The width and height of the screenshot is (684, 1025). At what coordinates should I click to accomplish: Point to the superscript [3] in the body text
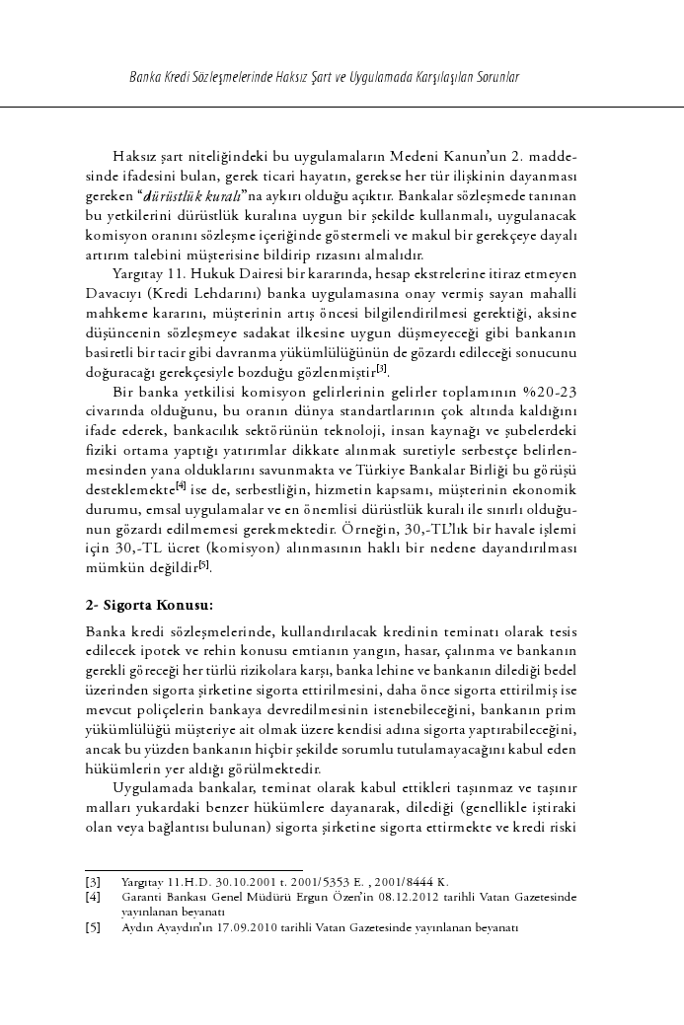381,369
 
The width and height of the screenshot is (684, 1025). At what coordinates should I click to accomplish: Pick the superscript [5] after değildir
203,565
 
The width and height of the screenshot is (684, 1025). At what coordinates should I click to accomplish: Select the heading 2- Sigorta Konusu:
150,604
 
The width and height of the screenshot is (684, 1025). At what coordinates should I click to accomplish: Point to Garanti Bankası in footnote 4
159,898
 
